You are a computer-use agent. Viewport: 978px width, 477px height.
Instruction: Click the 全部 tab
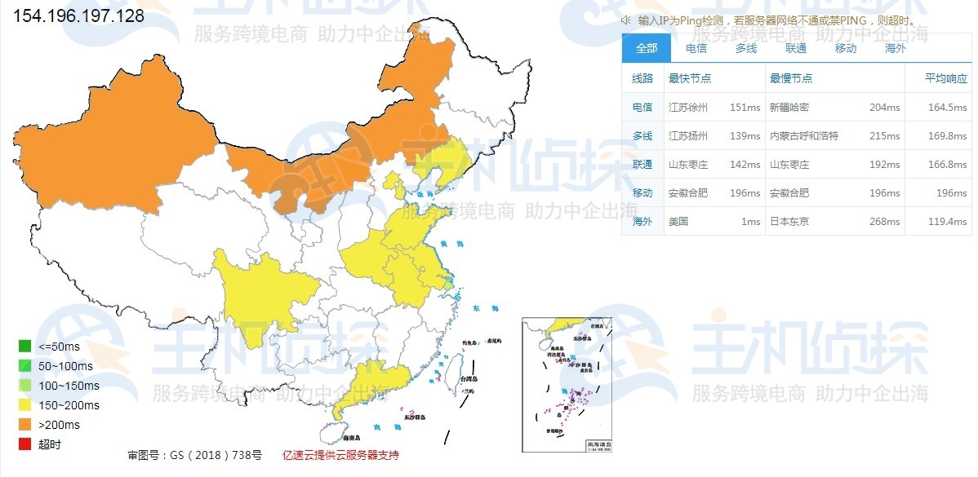[646, 48]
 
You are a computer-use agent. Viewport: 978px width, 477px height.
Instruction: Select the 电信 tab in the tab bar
[696, 48]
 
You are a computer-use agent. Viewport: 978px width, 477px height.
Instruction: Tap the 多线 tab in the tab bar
[746, 48]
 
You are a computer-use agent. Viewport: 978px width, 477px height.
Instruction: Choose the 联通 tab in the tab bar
[796, 48]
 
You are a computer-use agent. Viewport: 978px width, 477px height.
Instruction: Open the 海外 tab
[896, 48]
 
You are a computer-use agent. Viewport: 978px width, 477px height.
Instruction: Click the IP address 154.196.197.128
[79, 16]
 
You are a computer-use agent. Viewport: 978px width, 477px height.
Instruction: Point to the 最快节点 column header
[690, 79]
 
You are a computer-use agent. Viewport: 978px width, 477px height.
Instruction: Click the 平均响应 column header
[945, 79]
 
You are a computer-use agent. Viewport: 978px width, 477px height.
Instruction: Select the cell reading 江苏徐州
[688, 108]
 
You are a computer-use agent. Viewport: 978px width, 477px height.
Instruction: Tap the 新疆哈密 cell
[789, 108]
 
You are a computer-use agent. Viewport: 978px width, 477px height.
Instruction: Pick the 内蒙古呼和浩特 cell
[804, 136]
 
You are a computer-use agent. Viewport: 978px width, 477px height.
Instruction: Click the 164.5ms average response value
[947, 108]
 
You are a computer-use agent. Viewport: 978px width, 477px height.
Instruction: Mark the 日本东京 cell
[789, 222]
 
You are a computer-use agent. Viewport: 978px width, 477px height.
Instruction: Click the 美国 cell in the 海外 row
[678, 222]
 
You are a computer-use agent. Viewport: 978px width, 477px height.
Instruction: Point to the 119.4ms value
[947, 222]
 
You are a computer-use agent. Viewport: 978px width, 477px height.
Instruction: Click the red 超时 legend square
[25, 444]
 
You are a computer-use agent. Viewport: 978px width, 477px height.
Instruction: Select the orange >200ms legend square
[25, 425]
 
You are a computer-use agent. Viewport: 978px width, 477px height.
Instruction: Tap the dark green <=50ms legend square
[25, 346]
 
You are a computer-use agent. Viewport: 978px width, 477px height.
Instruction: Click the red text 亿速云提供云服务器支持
[340, 455]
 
